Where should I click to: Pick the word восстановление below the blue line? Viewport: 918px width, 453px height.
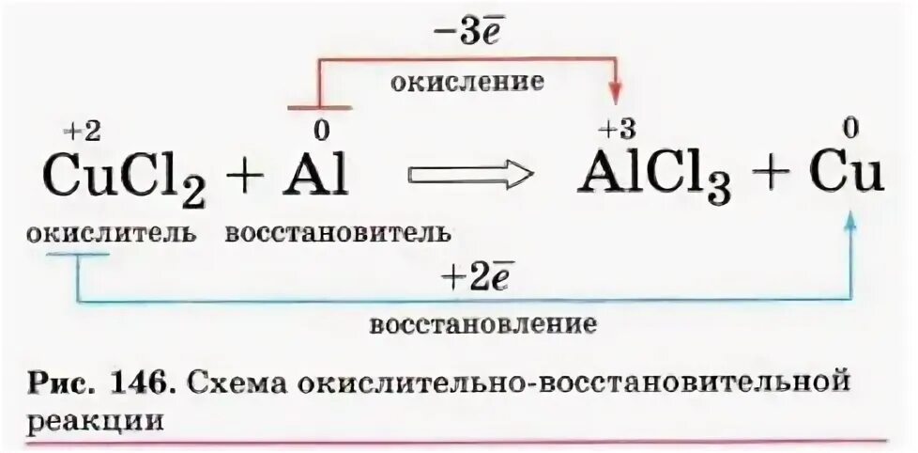(482, 325)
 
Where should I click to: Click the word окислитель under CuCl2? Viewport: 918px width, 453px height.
(112, 232)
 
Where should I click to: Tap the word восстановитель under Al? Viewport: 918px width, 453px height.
(337, 232)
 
